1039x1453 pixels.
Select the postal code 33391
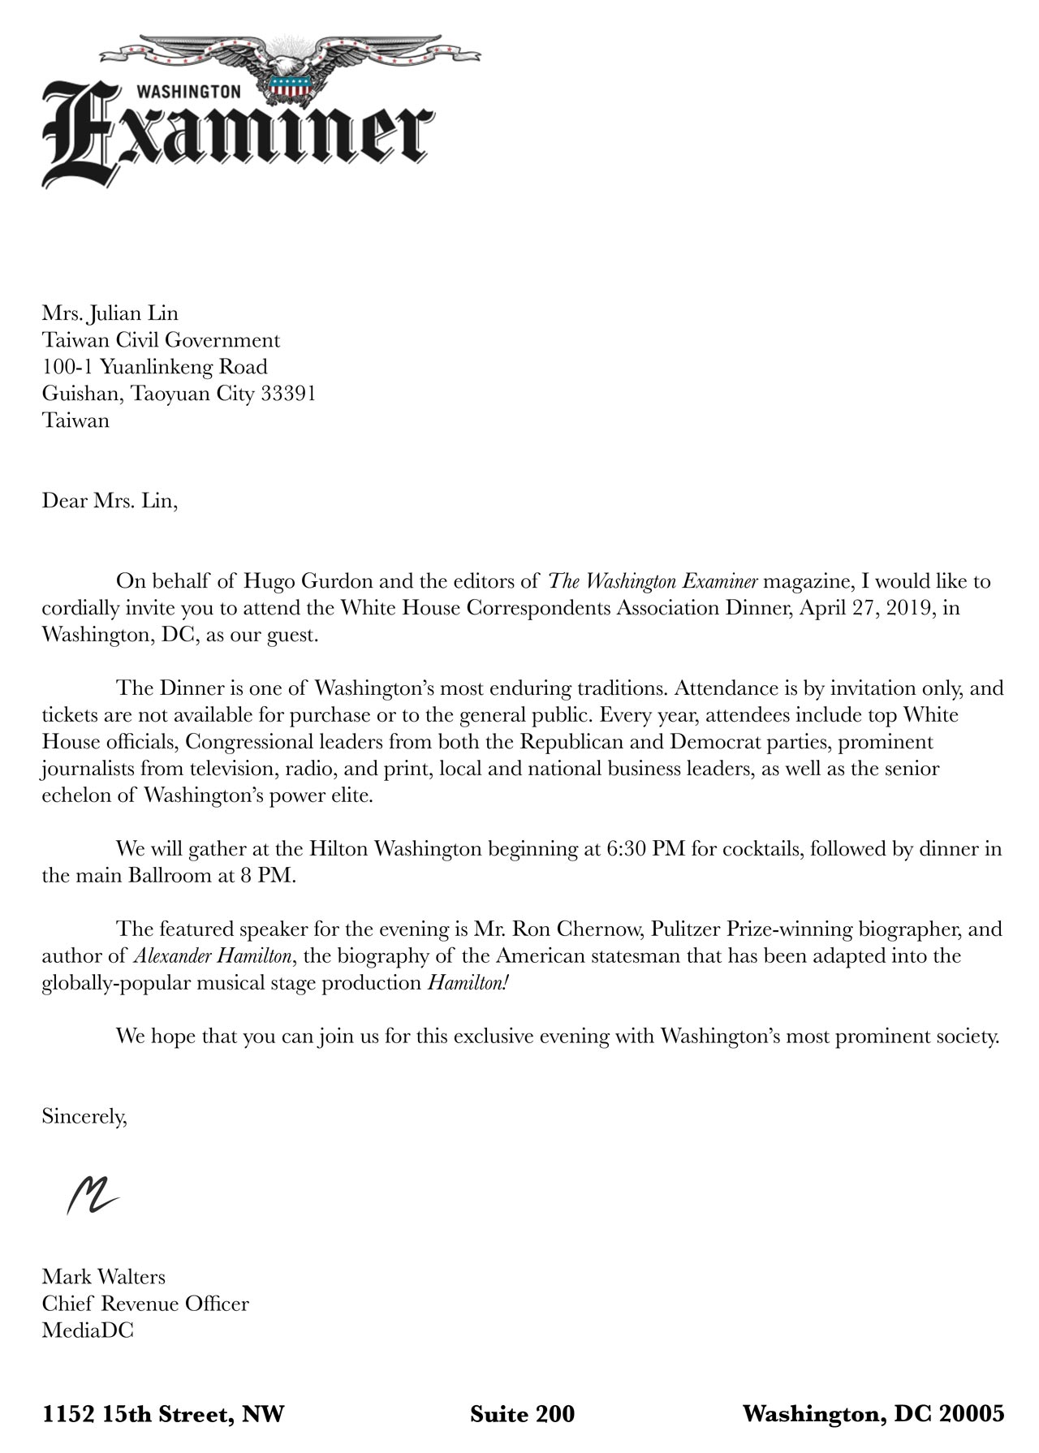pyautogui.click(x=288, y=394)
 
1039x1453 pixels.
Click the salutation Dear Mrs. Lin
pyautogui.click(x=109, y=500)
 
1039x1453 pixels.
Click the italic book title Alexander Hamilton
pyautogui.click(x=211, y=955)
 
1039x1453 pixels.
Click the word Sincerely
pyautogui.click(x=84, y=1117)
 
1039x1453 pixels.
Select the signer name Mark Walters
pyautogui.click(x=103, y=1277)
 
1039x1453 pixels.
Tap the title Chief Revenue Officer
pyautogui.click(x=145, y=1304)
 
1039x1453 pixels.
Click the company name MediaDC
pyautogui.click(x=88, y=1330)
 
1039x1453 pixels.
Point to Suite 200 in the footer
pyautogui.click(x=522, y=1414)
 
